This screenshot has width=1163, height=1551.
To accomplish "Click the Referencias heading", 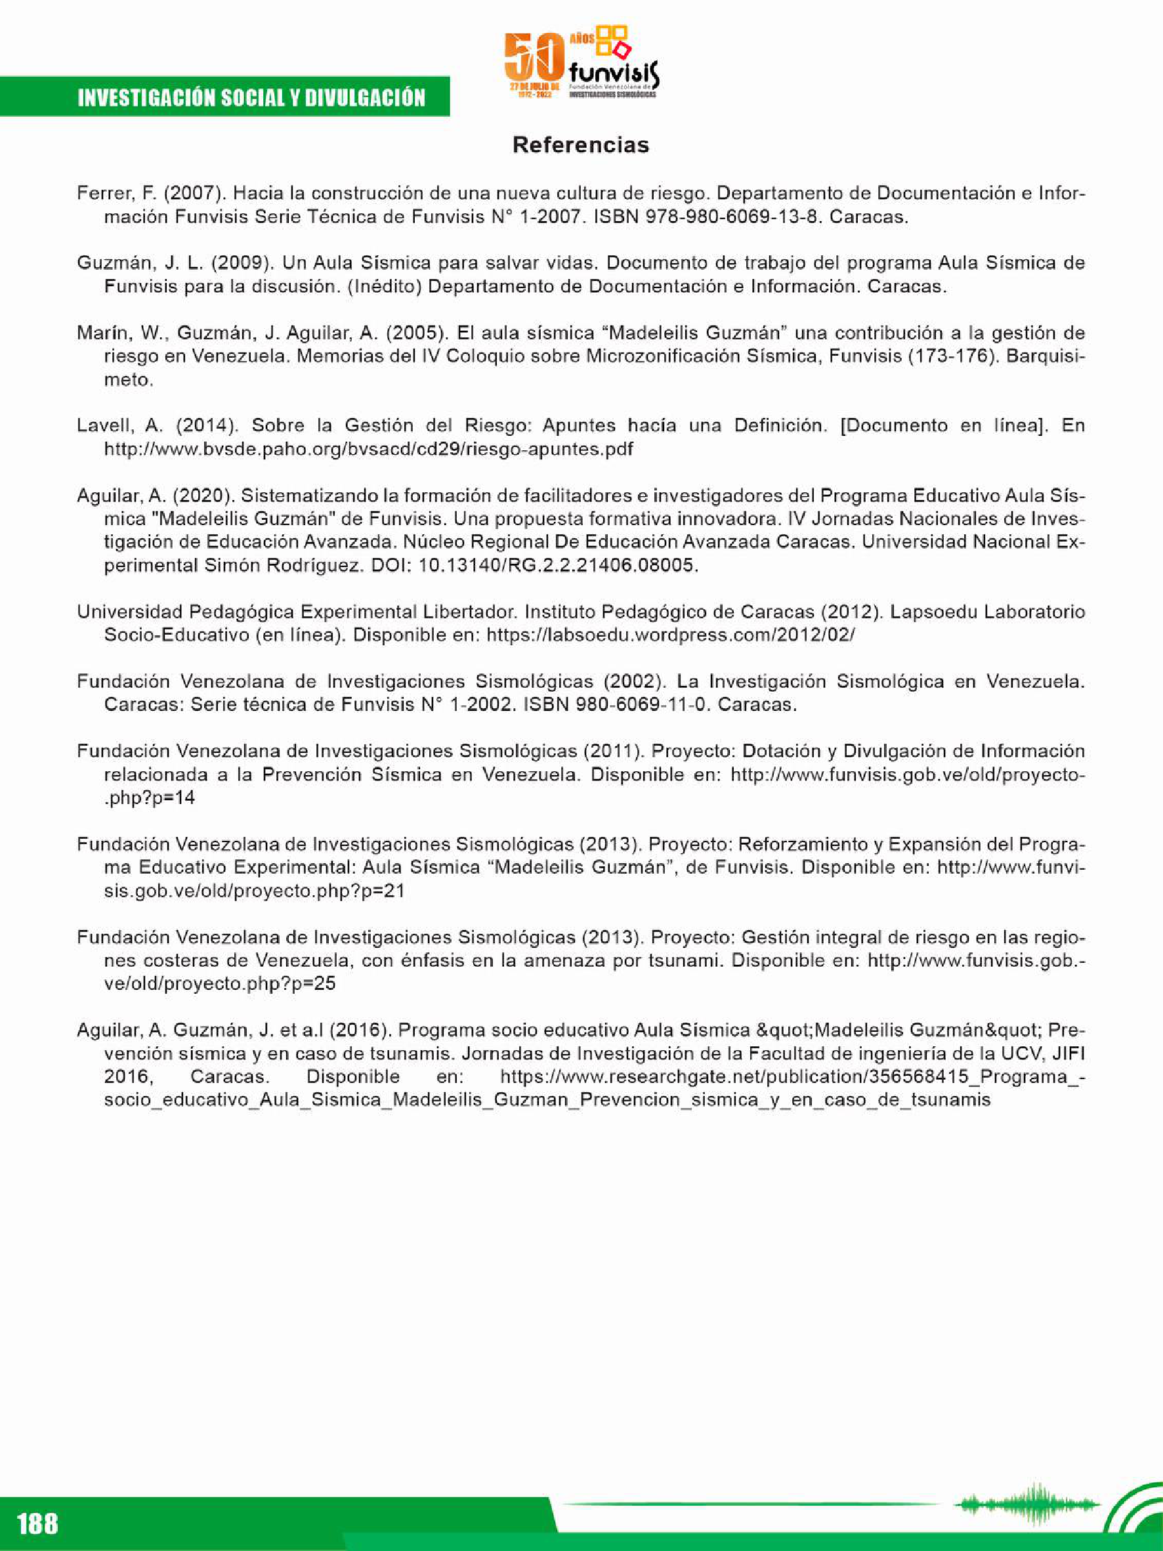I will [580, 145].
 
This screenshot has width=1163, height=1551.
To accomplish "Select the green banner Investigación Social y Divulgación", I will [251, 97].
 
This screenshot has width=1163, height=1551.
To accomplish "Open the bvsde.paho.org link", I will [368, 450].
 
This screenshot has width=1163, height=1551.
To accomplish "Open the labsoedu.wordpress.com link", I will [670, 635].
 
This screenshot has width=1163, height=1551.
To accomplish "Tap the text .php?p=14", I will [150, 798].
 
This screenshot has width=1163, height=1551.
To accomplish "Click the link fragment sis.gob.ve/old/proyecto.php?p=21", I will [254, 891].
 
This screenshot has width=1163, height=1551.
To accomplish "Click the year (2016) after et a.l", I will [359, 1030].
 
